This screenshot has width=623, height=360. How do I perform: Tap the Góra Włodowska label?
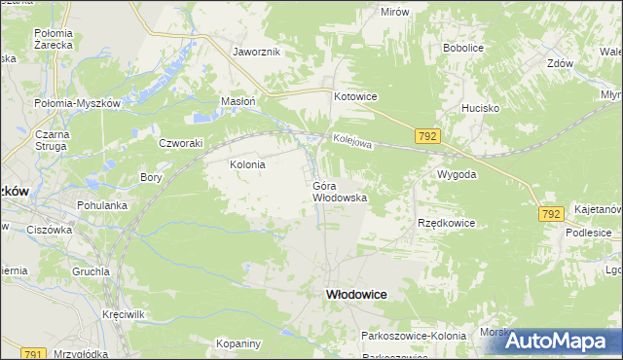point(339,191)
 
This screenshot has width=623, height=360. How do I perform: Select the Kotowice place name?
point(354,96)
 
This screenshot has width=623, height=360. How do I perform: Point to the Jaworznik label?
point(256,52)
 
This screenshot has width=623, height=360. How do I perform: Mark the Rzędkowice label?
point(446,223)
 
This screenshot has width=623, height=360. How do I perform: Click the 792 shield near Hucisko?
point(425,136)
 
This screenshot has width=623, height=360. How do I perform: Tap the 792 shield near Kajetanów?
point(551,213)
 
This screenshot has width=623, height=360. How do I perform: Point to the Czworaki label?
point(180,142)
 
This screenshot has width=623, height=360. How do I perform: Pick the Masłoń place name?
point(238,101)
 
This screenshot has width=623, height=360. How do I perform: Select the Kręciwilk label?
point(122,317)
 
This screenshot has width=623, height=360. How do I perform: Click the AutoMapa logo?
point(558,341)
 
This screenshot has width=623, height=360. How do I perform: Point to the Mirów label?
point(395,12)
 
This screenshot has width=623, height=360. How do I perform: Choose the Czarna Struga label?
point(48,139)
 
